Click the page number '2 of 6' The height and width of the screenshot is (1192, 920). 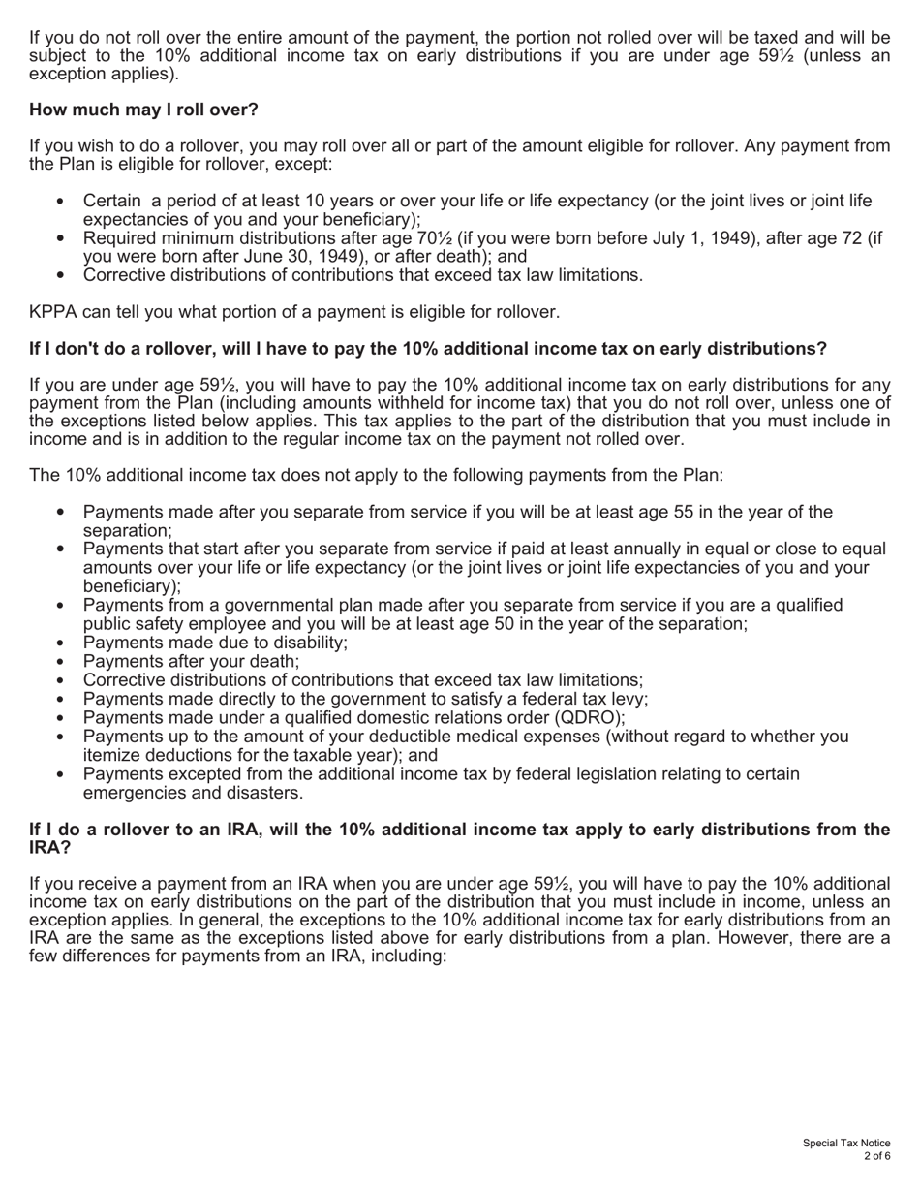click(877, 1157)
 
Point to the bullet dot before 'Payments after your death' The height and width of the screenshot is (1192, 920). click(61, 662)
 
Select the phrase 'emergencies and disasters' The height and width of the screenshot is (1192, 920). click(193, 793)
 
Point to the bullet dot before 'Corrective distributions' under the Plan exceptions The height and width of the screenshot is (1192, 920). click(61, 681)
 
